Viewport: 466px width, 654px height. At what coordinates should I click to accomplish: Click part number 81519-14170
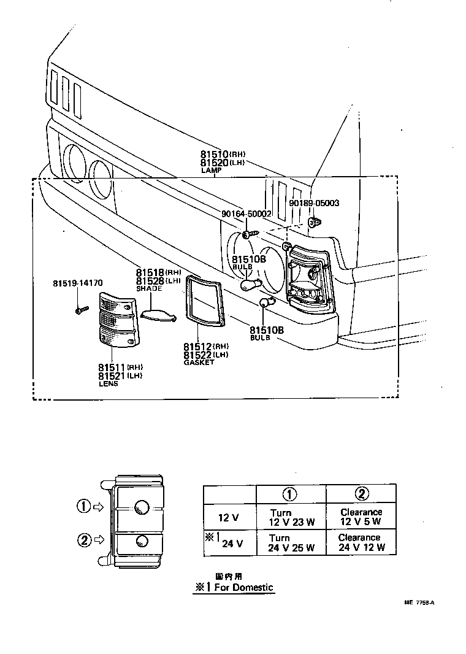coord(77,283)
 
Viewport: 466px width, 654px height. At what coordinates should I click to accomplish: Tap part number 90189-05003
coord(314,203)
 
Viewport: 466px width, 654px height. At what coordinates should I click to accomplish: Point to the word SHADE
coord(149,288)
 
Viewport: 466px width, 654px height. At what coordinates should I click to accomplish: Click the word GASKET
coord(199,363)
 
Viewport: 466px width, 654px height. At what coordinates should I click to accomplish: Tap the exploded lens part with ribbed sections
coord(119,319)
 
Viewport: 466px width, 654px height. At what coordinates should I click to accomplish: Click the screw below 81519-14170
coord(78,310)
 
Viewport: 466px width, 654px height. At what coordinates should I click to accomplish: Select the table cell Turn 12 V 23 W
coord(291,517)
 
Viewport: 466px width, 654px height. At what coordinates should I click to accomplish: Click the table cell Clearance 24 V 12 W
coord(361,542)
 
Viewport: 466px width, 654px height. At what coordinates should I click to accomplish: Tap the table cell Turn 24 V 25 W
coord(291,542)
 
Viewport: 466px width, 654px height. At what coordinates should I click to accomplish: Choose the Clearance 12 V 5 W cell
coord(361,517)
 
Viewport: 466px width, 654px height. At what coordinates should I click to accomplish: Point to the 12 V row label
coord(229,518)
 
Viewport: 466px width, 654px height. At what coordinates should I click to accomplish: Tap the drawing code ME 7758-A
coord(419,602)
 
